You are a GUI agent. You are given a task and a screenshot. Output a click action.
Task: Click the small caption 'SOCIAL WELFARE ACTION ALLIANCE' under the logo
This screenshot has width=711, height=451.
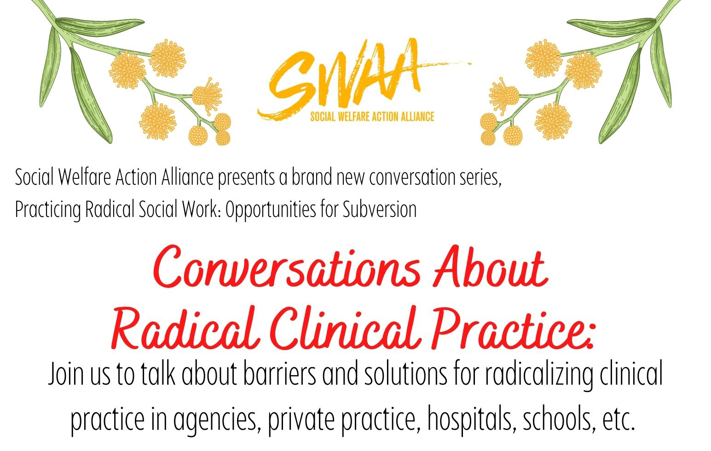point(372,117)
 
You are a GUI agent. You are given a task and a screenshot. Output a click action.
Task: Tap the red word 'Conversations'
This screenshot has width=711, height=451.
point(287,267)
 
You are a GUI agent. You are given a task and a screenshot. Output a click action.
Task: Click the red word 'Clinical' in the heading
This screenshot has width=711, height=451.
point(347,329)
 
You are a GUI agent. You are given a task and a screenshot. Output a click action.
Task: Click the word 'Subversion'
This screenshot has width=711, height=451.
point(380,209)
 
